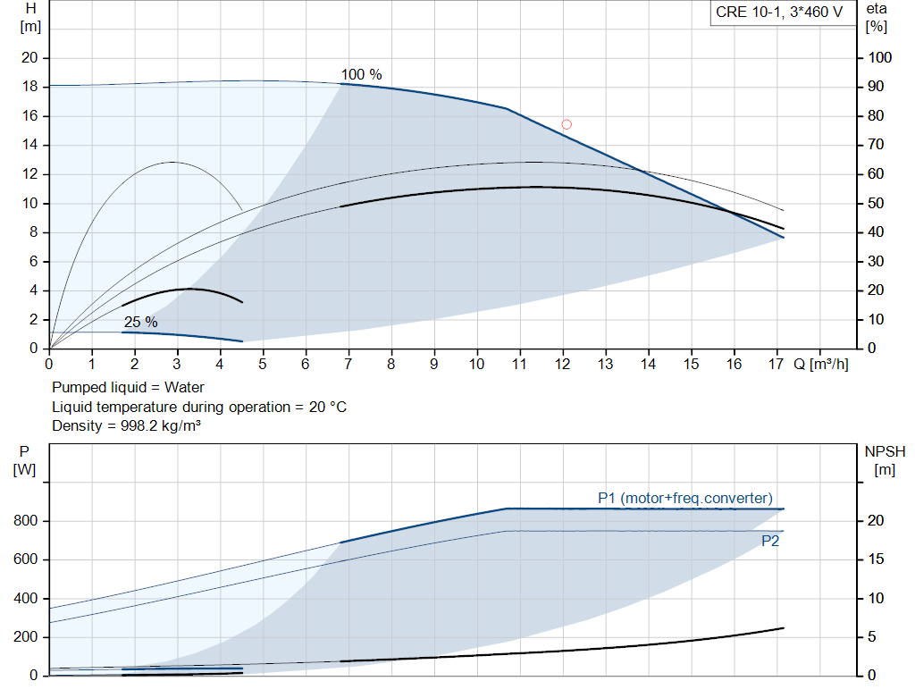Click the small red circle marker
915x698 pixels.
click(x=566, y=124)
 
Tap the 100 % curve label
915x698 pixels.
click(x=361, y=75)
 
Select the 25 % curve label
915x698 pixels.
click(x=140, y=322)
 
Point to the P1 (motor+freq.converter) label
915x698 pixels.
click(x=685, y=498)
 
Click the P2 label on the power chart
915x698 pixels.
click(x=770, y=541)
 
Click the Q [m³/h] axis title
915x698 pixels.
click(x=820, y=364)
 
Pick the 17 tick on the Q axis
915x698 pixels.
click(x=776, y=364)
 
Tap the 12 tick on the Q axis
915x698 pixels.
click(x=562, y=364)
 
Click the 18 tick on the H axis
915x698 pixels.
click(x=29, y=87)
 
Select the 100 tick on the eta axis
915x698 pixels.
click(x=880, y=57)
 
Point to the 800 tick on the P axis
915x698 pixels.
click(x=26, y=520)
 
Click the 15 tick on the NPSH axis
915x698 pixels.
click(x=876, y=559)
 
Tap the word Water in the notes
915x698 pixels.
click(x=184, y=387)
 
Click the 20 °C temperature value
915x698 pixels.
click(x=328, y=407)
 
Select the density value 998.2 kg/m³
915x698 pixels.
click(x=161, y=425)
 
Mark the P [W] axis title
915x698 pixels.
click(x=24, y=460)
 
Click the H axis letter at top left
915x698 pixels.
click(x=31, y=8)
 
